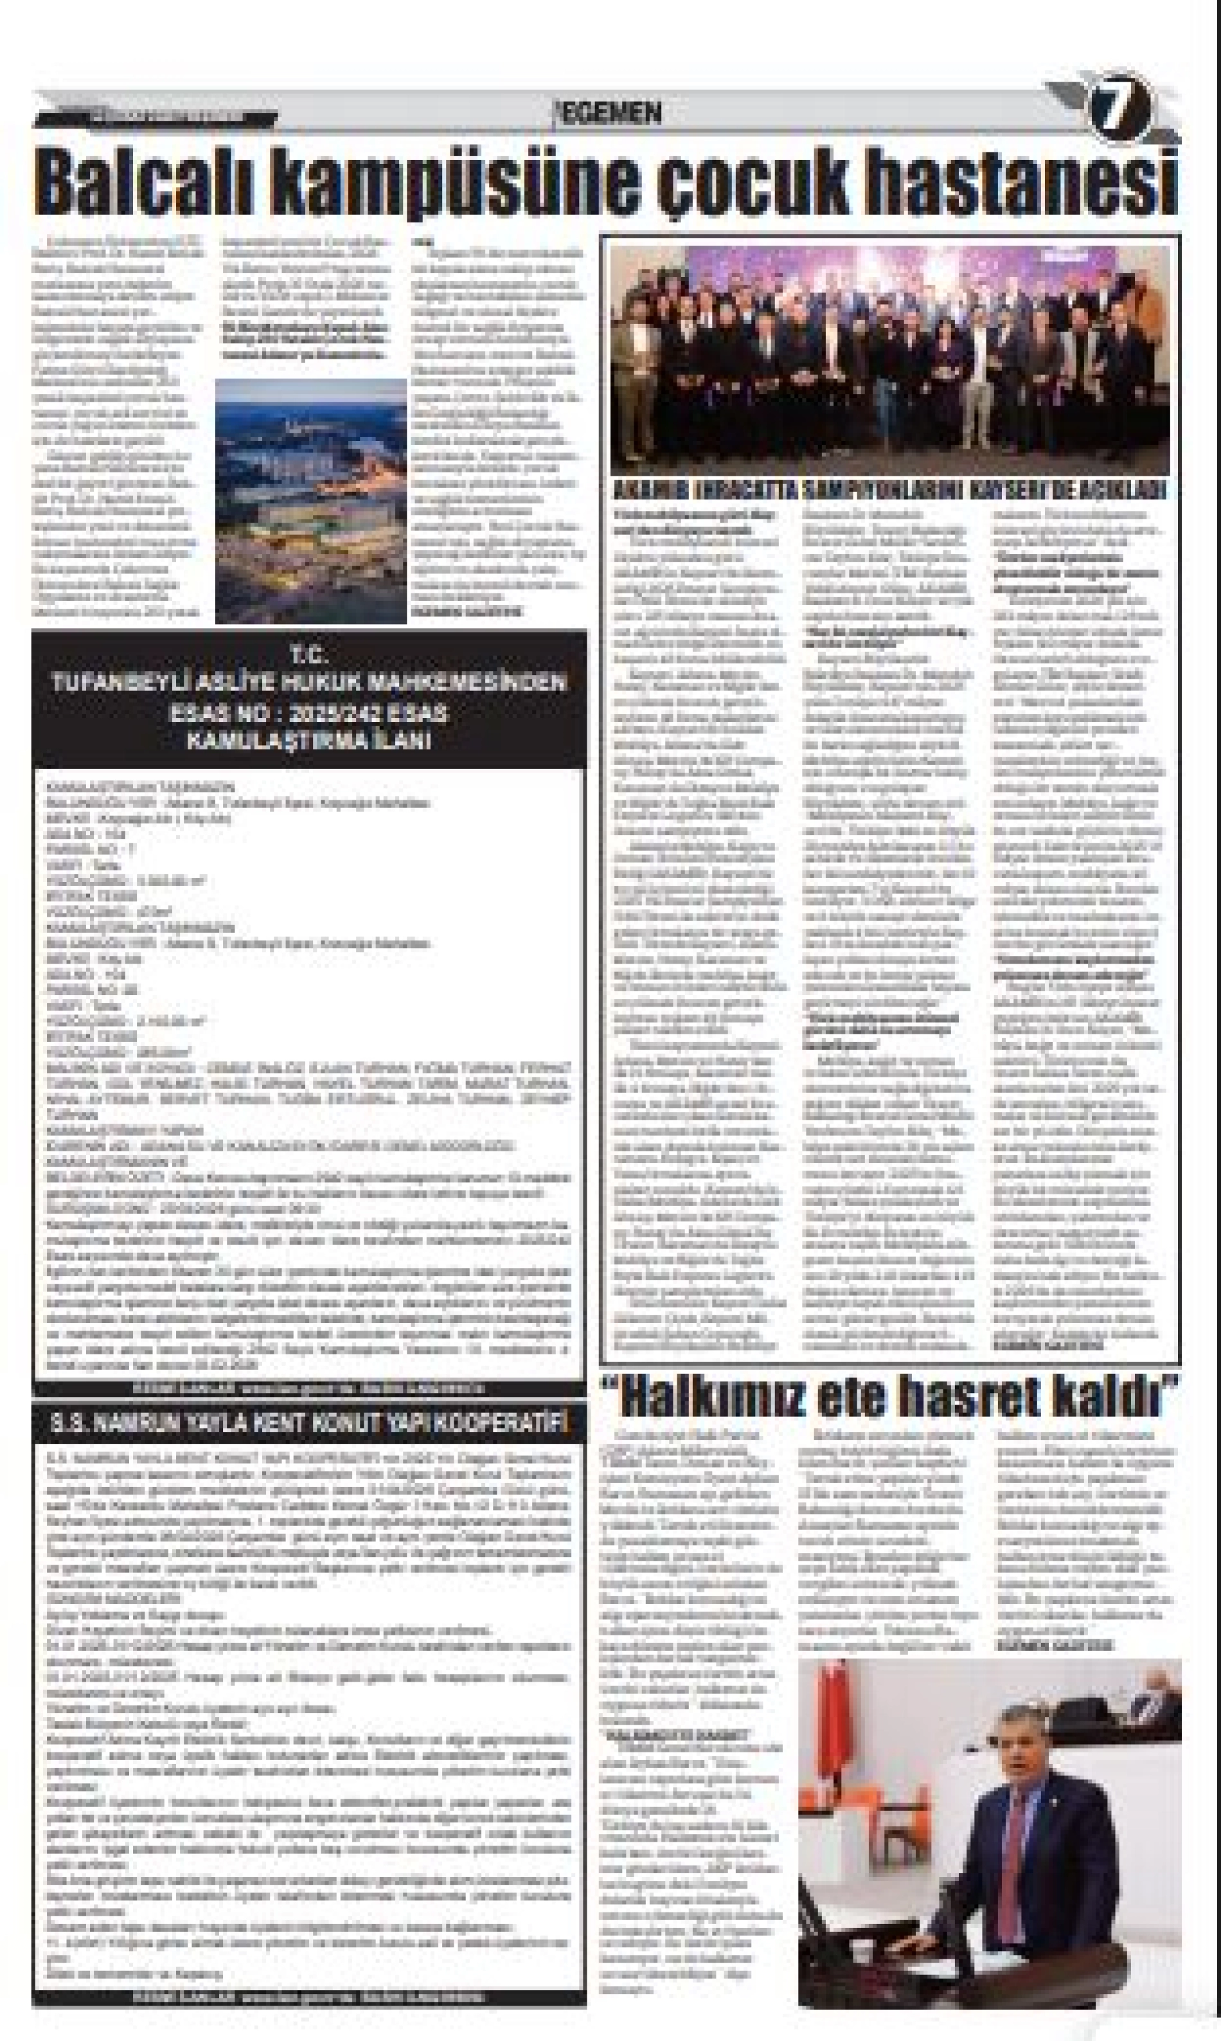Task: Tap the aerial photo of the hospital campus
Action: point(311,502)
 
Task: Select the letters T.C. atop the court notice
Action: point(309,656)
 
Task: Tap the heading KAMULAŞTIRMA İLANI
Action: point(309,740)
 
